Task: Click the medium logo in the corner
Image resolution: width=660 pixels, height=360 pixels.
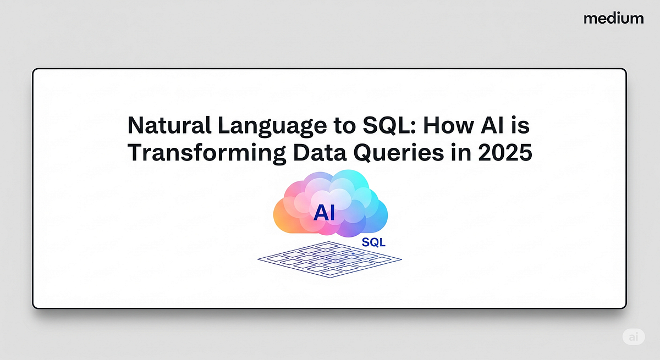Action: pyautogui.click(x=613, y=19)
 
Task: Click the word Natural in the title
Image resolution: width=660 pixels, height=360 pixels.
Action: pyautogui.click(x=169, y=125)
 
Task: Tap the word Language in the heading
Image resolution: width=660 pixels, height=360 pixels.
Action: pyautogui.click(x=272, y=126)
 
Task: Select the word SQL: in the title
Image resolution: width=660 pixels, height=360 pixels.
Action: pyautogui.click(x=389, y=125)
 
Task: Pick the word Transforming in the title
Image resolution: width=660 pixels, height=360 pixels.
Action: pyautogui.click(x=207, y=153)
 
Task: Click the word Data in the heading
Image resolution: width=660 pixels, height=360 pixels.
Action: pyautogui.click(x=320, y=152)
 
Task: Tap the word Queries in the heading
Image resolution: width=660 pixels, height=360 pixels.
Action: pyautogui.click(x=398, y=153)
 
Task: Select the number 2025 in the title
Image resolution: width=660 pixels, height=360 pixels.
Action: pyautogui.click(x=505, y=152)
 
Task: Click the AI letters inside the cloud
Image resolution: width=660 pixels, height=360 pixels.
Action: pyautogui.click(x=324, y=213)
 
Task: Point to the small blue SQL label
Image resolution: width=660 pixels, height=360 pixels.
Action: pyautogui.click(x=373, y=242)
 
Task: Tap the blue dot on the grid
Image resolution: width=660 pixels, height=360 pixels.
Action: pyautogui.click(x=353, y=253)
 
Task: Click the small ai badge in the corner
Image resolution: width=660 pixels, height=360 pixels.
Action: pyautogui.click(x=634, y=337)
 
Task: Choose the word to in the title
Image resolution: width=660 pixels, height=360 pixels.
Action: pyautogui.click(x=345, y=126)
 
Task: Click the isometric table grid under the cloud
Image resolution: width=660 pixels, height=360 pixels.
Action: pyautogui.click(x=329, y=259)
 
